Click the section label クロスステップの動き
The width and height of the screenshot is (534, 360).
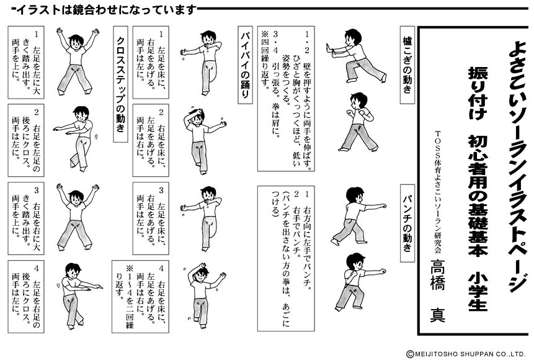[120, 81]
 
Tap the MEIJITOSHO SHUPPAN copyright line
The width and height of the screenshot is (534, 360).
[465, 353]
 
